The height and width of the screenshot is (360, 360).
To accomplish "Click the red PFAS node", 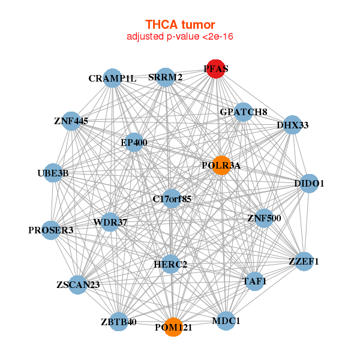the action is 215,69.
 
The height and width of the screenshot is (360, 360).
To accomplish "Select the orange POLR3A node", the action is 221,166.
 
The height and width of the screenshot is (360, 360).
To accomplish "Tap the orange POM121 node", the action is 173,327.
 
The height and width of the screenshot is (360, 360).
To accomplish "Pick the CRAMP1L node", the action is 112,78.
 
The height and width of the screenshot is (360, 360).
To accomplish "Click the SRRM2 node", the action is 166,77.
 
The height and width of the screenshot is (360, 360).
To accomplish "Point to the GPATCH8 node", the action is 244,112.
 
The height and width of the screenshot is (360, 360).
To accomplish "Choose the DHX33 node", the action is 292,125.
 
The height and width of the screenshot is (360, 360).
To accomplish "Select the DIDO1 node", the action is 309,184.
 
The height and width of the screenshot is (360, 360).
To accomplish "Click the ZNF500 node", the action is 264,218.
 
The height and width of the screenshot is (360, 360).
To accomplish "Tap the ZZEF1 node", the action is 304,261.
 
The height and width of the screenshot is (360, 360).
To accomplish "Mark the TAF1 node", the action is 254,281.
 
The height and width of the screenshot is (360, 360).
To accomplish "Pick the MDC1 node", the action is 226,321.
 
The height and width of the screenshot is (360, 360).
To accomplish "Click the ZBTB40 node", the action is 119,322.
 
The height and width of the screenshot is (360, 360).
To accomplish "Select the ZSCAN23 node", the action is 78,285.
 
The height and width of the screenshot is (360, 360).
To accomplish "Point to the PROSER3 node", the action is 51,230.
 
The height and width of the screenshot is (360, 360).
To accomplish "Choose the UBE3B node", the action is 53,173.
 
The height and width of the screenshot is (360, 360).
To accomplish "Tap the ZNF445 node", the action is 71,121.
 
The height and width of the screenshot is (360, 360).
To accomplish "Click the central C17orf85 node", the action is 172,199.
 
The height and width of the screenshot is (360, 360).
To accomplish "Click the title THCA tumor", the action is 180,25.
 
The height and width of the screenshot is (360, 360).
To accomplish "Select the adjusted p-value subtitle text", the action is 180,37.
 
